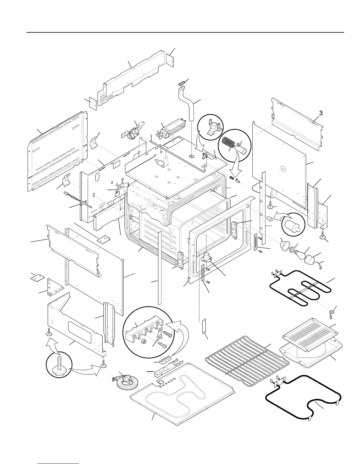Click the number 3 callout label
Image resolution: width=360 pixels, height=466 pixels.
tap(321, 113)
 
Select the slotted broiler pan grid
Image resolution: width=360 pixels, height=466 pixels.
tap(310, 333)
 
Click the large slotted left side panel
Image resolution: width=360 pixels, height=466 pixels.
tap(58, 152)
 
